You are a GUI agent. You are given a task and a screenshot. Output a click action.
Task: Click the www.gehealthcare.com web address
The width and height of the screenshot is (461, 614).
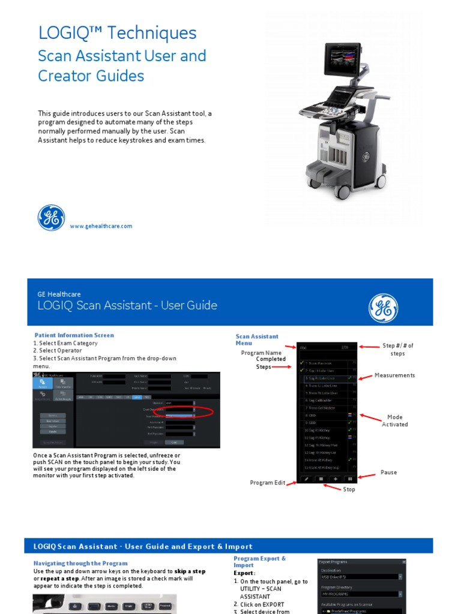pos(101,226)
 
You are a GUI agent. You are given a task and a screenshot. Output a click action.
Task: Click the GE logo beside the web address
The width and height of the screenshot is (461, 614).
pos(52,218)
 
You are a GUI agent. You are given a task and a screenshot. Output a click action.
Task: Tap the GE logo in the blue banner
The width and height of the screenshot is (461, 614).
pos(383,308)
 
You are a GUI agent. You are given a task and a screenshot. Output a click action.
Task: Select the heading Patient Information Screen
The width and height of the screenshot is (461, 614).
pos(74,335)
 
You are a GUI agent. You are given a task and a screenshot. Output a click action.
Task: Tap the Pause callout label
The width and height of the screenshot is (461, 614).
pos(388,472)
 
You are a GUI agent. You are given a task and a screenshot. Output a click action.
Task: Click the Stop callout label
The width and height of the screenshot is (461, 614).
pos(349,489)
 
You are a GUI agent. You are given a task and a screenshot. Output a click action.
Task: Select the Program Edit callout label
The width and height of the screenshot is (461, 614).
pos(268,483)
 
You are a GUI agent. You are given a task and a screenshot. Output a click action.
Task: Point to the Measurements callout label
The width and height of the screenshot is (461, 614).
pos(394,375)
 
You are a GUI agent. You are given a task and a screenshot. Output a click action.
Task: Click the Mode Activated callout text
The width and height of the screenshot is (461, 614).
pos(394,420)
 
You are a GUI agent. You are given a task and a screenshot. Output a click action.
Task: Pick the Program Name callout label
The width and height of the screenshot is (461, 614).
pos(261,353)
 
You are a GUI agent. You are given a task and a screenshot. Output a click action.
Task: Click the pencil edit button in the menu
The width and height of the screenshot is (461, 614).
pos(305,479)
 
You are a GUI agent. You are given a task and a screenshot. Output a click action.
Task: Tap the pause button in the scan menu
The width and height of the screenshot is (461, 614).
pos(349,479)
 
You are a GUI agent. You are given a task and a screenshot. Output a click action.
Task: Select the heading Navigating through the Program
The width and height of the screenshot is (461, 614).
pos(80,563)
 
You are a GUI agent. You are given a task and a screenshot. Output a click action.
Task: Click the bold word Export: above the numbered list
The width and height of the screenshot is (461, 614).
pos(244,573)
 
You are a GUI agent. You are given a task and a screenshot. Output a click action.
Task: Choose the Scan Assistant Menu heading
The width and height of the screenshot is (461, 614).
pos(257,340)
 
